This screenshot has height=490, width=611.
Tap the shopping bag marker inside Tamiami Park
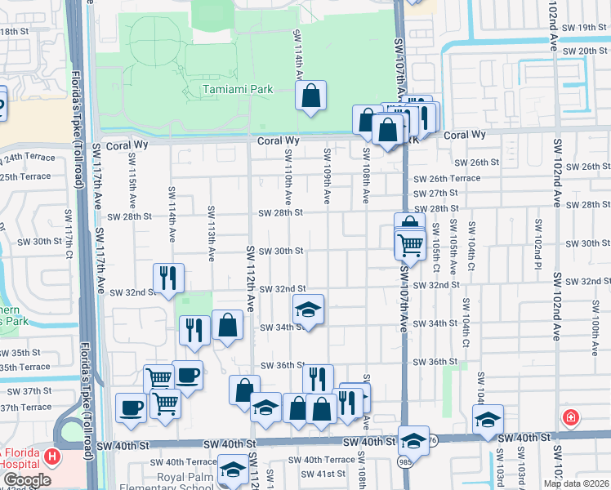310,97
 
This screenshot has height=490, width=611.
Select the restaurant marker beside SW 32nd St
168,278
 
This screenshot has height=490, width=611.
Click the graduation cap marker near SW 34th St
309,310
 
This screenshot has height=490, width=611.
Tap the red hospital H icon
53,455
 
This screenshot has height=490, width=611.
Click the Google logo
27,480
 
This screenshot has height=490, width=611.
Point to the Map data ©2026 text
576,483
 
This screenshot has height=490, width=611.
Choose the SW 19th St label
582,27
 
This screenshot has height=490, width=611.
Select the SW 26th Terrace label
447,178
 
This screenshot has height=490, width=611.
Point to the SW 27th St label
435,193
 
